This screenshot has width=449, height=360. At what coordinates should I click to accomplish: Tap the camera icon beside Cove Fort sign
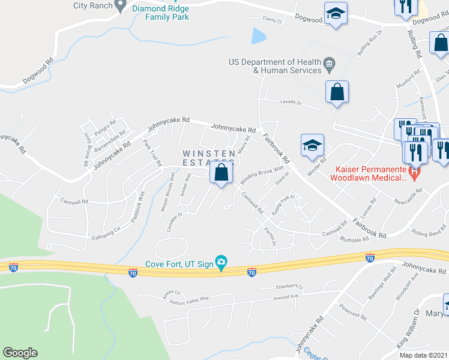click(221, 262)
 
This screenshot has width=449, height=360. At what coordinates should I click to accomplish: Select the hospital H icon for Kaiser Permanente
click(413, 173)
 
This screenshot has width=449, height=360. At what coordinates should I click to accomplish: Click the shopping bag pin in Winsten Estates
click(221, 173)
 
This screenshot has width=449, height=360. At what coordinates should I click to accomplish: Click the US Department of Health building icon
click(328, 62)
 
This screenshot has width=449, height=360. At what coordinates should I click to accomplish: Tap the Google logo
click(20, 353)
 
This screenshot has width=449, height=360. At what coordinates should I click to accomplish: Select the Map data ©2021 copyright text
click(423, 355)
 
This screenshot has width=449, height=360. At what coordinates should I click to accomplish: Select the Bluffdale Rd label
click(354, 239)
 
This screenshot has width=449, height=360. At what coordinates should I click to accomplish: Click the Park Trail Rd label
click(153, 153)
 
